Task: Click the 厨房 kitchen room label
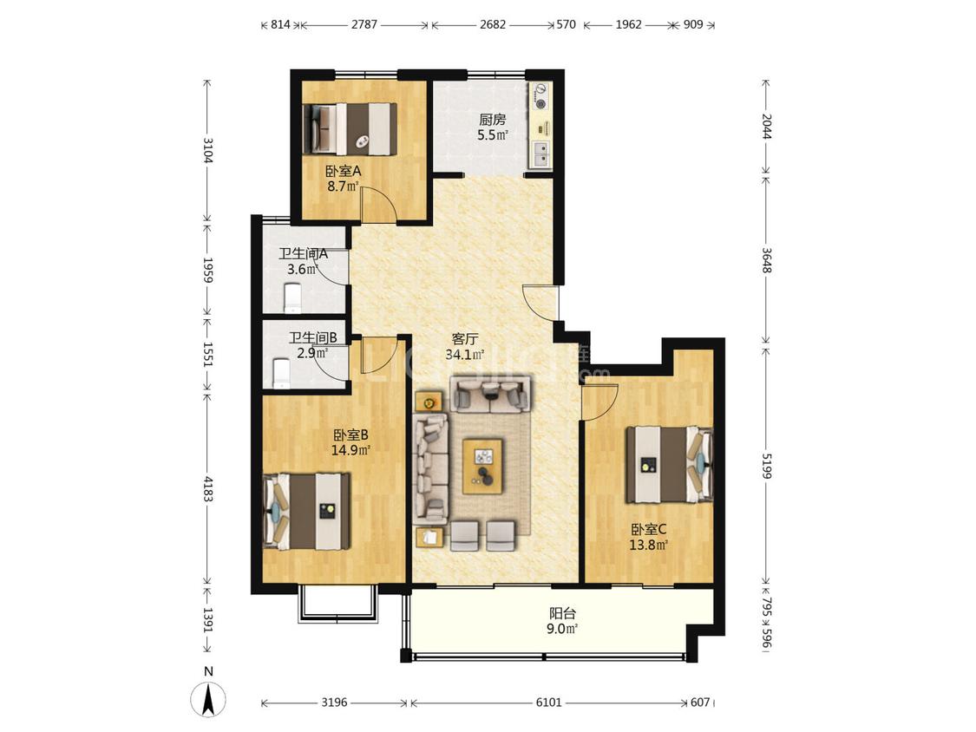tap(493, 120)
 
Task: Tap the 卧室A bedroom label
tap(343, 171)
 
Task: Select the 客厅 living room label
tap(465, 339)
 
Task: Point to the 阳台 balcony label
tap(562, 613)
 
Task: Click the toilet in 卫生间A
tap(292, 298)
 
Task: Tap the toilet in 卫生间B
tap(282, 374)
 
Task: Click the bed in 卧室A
tap(350, 129)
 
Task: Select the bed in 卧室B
tap(307, 511)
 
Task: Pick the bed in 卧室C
tap(669, 464)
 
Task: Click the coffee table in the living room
tap(483, 467)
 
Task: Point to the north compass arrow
tap(209, 699)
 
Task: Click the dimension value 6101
tap(549, 703)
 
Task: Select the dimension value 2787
tap(364, 25)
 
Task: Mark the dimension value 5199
tap(766, 466)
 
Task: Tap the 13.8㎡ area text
tap(649, 546)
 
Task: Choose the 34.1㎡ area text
tap(465, 355)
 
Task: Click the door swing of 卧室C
tap(599, 402)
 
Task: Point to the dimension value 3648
tap(766, 260)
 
